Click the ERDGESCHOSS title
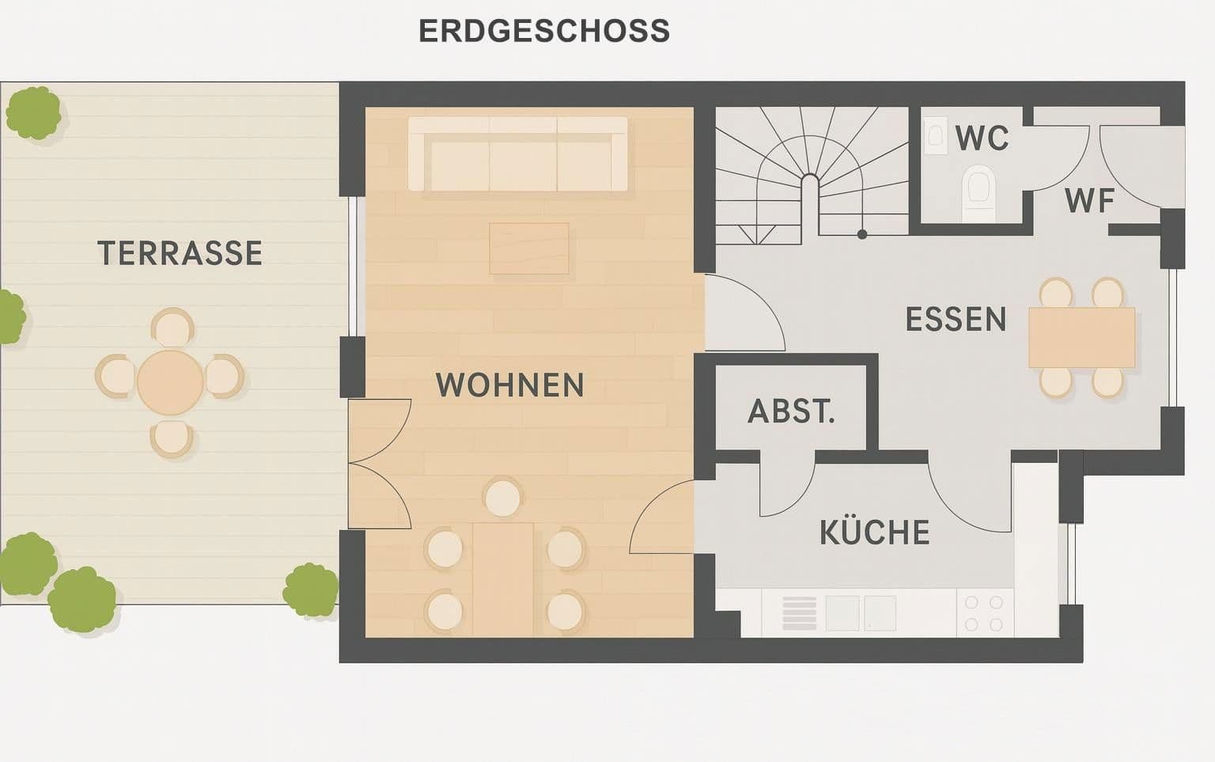(x=544, y=32)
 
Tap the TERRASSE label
(x=180, y=253)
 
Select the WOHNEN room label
(x=510, y=385)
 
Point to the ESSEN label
(x=956, y=320)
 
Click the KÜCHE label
(x=875, y=533)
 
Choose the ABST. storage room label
(x=792, y=411)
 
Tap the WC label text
(x=982, y=138)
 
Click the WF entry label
(x=1090, y=201)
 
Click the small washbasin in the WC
(x=936, y=135)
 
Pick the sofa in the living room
(x=518, y=154)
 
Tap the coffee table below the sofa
(x=528, y=248)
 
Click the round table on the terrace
(x=170, y=382)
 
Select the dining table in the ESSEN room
(x=1081, y=338)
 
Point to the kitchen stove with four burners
(x=984, y=613)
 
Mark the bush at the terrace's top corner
(x=33, y=112)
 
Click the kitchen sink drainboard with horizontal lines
(x=799, y=613)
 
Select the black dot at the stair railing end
(x=862, y=234)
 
